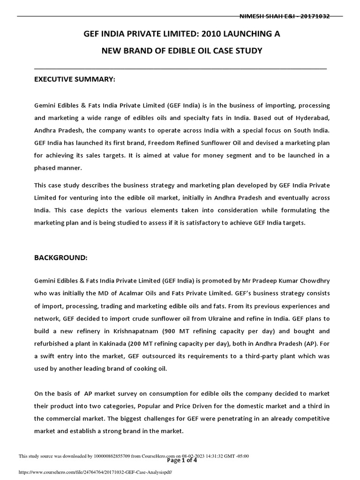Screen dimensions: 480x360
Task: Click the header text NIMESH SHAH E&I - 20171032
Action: [284, 16]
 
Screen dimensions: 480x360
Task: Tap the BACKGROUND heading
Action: [60, 258]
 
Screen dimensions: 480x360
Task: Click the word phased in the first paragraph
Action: [45, 168]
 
